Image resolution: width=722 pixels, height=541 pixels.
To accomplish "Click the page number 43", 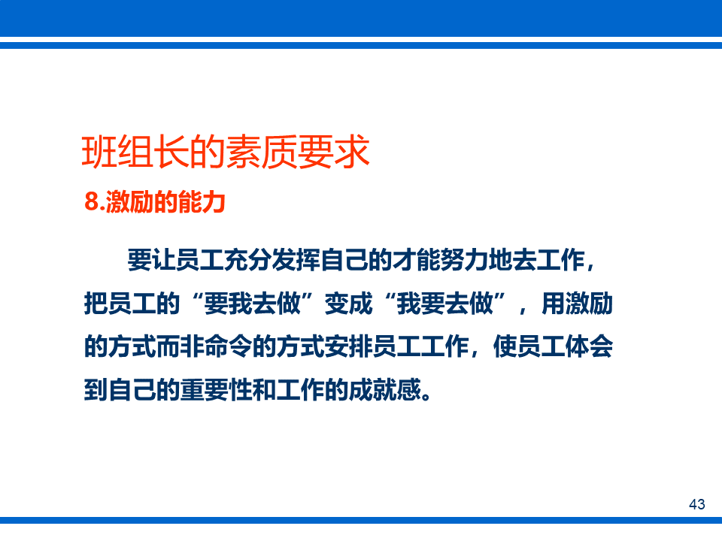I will coord(697,504).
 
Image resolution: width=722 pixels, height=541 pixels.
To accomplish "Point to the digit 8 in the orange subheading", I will coord(91,203).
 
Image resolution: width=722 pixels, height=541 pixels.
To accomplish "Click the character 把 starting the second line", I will coord(96,304).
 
